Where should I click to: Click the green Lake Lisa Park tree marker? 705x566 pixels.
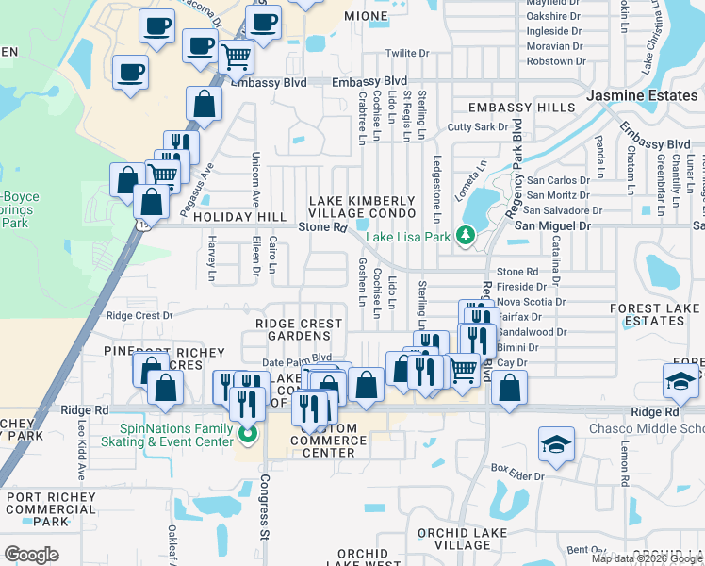click(x=465, y=235)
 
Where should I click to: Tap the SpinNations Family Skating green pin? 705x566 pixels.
click(x=248, y=435)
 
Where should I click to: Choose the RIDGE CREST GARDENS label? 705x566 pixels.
click(x=299, y=329)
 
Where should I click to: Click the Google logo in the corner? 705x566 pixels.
click(x=31, y=554)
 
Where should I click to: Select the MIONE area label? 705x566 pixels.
click(x=366, y=17)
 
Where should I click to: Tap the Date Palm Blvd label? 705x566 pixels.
click(x=297, y=358)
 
